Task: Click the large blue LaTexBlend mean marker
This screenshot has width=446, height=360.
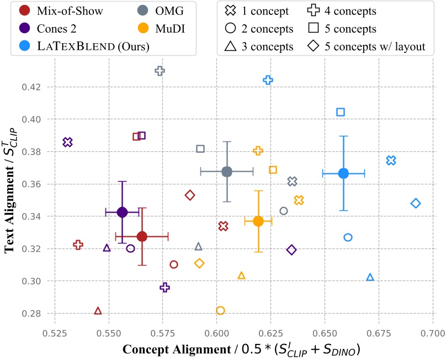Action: [343, 173]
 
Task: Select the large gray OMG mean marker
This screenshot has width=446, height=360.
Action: [226, 172]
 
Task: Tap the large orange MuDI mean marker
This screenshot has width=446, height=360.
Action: [258, 221]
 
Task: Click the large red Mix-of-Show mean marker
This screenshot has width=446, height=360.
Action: [142, 236]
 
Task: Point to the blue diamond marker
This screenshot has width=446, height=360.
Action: [416, 203]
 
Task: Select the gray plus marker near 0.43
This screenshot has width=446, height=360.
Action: [160, 71]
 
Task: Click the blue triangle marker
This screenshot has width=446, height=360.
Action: [370, 277]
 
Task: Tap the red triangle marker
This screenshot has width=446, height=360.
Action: [98, 311]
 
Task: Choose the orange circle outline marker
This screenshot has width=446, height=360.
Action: [220, 310]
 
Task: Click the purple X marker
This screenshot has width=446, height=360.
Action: [68, 142]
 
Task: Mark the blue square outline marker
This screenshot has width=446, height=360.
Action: [341, 112]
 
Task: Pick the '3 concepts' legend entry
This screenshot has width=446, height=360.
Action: [257, 46]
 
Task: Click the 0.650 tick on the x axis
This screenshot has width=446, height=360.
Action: [325, 334]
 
